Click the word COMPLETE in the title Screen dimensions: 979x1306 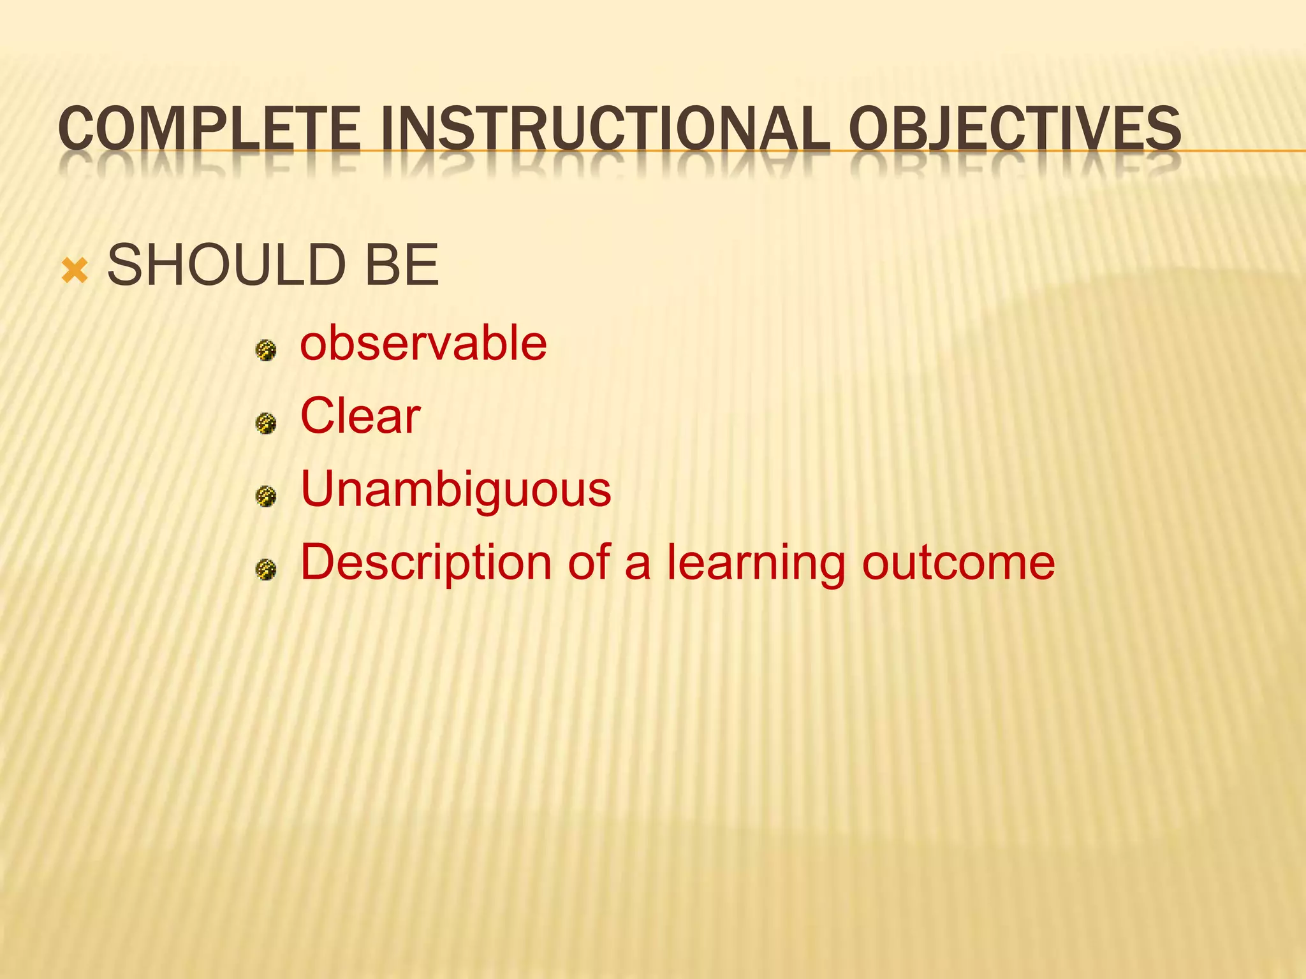[x=209, y=129]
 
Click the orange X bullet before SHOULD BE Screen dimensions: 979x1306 [x=75, y=270]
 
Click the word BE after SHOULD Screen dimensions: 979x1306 [x=401, y=265]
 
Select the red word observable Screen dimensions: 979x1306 [x=423, y=344]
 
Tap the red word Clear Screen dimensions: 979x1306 [x=360, y=416]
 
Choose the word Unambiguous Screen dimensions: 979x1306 [x=455, y=489]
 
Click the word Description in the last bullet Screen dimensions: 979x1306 [x=426, y=563]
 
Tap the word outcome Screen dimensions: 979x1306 [x=958, y=563]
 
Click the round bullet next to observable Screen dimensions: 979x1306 [x=265, y=350]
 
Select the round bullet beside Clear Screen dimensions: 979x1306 [x=265, y=423]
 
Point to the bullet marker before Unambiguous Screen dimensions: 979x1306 [x=265, y=496]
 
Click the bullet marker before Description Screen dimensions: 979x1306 [x=265, y=569]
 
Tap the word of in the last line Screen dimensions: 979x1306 [x=589, y=563]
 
